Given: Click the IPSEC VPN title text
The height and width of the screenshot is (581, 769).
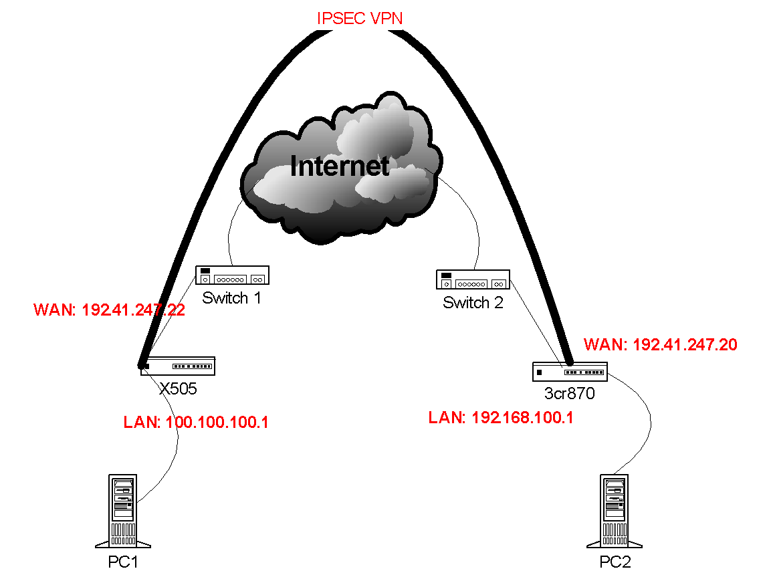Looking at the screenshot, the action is pyautogui.click(x=360, y=18).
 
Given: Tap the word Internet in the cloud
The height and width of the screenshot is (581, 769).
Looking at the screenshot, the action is pyautogui.click(x=340, y=166).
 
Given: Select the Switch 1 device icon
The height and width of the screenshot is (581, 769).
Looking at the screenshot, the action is pyautogui.click(x=233, y=275).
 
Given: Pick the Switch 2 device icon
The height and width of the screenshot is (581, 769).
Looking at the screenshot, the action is pyautogui.click(x=473, y=279).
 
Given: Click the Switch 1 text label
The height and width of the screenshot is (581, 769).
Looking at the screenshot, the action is pyautogui.click(x=231, y=298).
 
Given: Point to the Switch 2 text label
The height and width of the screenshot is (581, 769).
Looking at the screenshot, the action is pyautogui.click(x=473, y=302).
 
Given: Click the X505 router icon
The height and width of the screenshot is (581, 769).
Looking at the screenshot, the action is pyautogui.click(x=177, y=366).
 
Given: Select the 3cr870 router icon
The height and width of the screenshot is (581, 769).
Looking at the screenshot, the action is pyautogui.click(x=570, y=371).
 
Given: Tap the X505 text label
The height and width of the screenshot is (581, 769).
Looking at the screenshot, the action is pyautogui.click(x=178, y=389).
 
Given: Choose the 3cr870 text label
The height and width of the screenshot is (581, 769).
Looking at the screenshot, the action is pyautogui.click(x=569, y=393).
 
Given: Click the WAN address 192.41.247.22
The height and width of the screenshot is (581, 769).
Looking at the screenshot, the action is pyautogui.click(x=110, y=310).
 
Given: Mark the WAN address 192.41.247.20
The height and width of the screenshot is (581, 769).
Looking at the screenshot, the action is pyautogui.click(x=661, y=345).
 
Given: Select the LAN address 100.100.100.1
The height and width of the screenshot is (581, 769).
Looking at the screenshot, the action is pyautogui.click(x=196, y=422).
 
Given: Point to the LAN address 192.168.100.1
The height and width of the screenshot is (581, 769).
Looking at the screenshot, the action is pyautogui.click(x=501, y=418).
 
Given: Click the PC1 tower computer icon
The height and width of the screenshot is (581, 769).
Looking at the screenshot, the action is pyautogui.click(x=122, y=511).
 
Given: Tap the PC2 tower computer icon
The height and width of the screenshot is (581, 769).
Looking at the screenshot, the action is pyautogui.click(x=615, y=511).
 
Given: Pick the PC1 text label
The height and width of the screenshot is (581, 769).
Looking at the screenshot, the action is pyautogui.click(x=122, y=562).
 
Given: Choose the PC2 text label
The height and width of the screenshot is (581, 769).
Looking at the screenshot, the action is pyautogui.click(x=615, y=562).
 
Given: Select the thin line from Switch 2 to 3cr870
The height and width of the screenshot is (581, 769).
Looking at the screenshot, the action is pyautogui.click(x=536, y=323).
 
